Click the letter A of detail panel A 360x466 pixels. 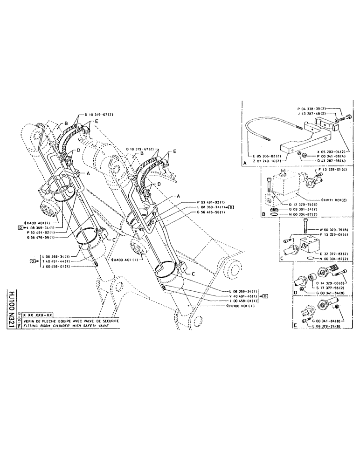pos(245,164)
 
